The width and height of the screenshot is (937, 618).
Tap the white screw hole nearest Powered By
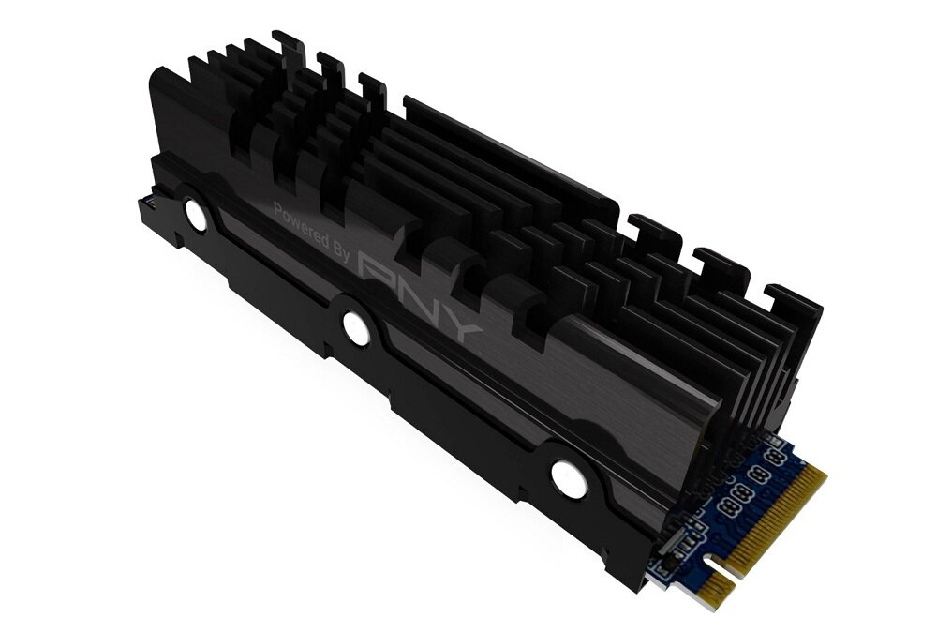tap(196, 214)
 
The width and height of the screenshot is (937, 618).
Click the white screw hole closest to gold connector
tap(569, 478)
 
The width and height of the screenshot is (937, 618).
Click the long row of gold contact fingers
tap(777, 520)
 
